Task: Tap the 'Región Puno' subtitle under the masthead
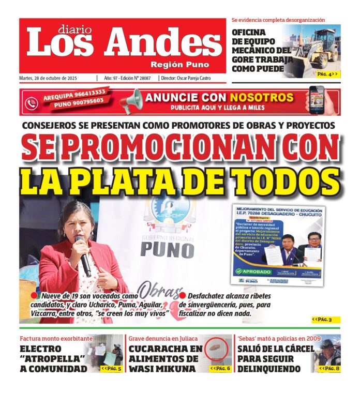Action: click(179, 65)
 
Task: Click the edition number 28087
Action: click(142, 78)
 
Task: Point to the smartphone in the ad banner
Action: click(316, 100)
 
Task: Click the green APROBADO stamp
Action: click(253, 270)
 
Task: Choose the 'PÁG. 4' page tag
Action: click(327, 74)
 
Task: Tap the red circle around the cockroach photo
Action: click(218, 352)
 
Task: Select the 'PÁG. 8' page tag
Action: click(329, 368)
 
